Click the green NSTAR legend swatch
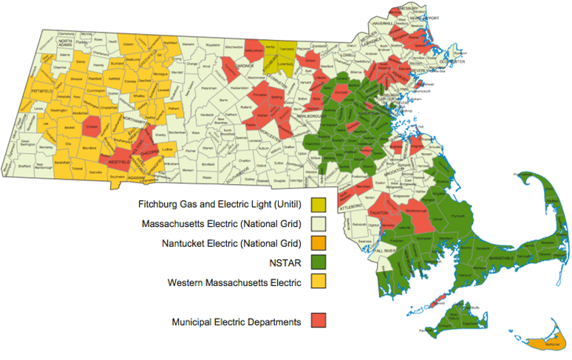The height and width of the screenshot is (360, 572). coord(319,261)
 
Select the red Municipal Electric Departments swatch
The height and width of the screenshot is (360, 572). coord(319,321)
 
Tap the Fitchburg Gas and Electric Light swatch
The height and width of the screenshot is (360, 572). coord(319,203)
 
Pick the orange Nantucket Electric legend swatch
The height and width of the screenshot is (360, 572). coord(319,242)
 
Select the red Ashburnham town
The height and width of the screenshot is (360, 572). coord(253,50)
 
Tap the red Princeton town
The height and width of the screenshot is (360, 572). coord(259,95)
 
